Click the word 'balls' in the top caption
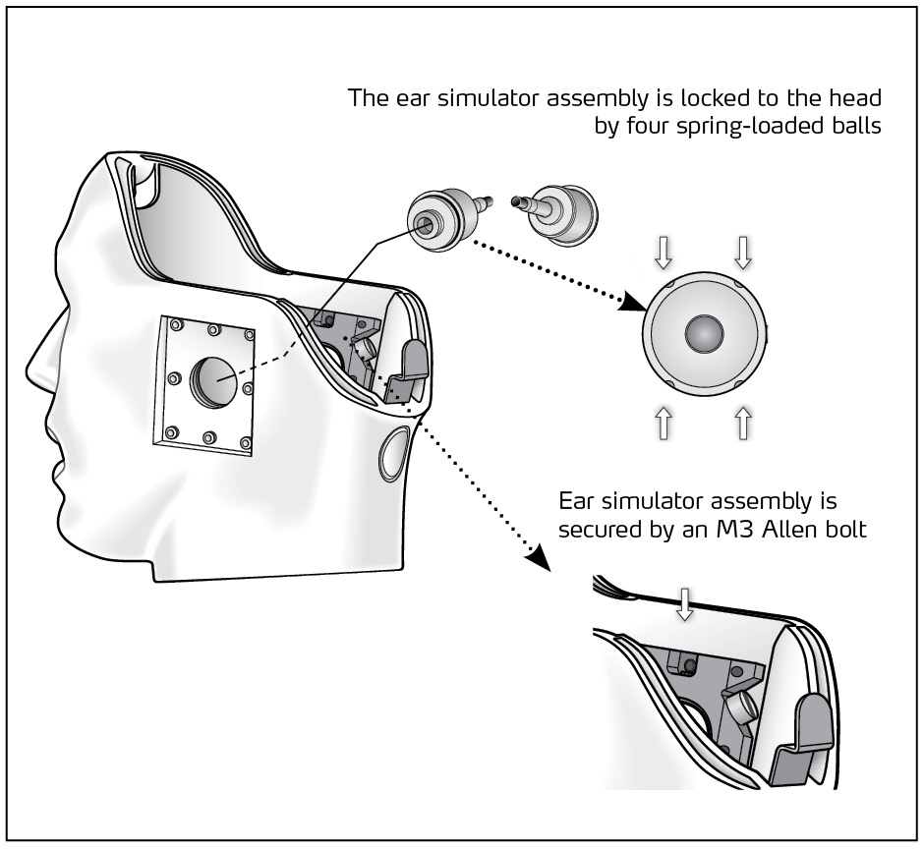tap(847, 127)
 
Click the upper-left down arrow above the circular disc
tap(663, 253)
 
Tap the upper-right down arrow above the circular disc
tap(743, 253)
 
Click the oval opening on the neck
tap(393, 449)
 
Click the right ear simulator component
tap(560, 215)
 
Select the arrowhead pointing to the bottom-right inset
tap(536, 557)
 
